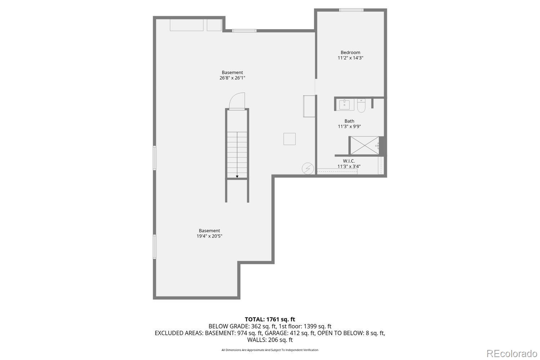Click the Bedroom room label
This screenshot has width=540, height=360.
[350, 53]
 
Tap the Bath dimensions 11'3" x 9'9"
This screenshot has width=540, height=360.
[349, 127]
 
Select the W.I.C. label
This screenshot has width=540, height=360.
[349, 161]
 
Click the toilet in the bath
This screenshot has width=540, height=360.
[361, 105]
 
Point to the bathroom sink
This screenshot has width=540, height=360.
[345, 105]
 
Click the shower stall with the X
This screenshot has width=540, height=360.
[365, 145]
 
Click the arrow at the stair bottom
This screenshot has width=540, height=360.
[237, 176]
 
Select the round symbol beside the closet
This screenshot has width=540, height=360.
[308, 168]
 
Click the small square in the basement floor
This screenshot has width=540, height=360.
[289, 139]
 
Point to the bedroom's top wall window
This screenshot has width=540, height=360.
[351, 10]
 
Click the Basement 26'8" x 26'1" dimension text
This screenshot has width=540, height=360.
[232, 78]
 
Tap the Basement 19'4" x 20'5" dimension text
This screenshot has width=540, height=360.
[209, 236]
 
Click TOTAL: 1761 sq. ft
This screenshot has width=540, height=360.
[270, 319]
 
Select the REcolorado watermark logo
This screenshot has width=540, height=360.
[511, 353]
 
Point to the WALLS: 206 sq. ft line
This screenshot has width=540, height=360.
[270, 340]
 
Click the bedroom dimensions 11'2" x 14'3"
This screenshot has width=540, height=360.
[350, 58]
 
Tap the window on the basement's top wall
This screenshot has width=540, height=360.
[244, 31]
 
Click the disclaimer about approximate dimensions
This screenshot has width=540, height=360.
[270, 350]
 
